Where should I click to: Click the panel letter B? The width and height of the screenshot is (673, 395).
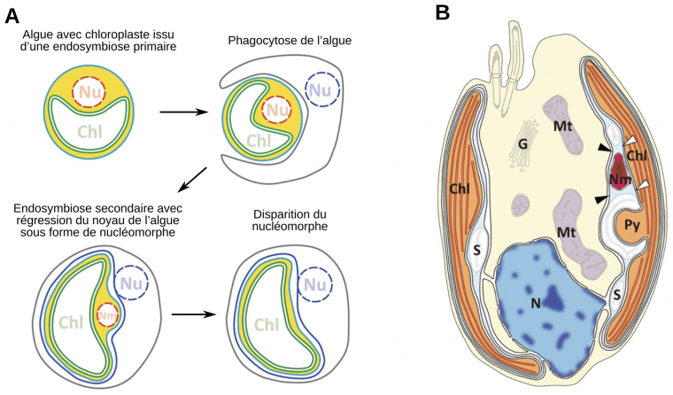coord(442,12)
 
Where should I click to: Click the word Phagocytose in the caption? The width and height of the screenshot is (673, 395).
coord(264,41)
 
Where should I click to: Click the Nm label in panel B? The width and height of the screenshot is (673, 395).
coord(621,180)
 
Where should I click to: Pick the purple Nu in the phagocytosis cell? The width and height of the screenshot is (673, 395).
coord(321,89)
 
